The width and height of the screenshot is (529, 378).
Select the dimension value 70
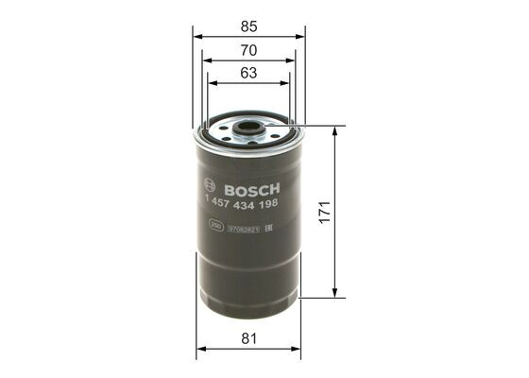tap(249, 48)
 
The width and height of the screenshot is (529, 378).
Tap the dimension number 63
tap(249, 73)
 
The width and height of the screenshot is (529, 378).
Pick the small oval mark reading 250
tap(216, 228)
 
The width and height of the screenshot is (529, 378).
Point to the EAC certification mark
tap(269, 228)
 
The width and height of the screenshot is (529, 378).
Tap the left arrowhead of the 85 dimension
tap(197, 35)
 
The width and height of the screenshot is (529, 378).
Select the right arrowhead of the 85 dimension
tap(301, 35)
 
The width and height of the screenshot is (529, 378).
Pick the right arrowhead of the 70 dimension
tap(292, 60)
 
